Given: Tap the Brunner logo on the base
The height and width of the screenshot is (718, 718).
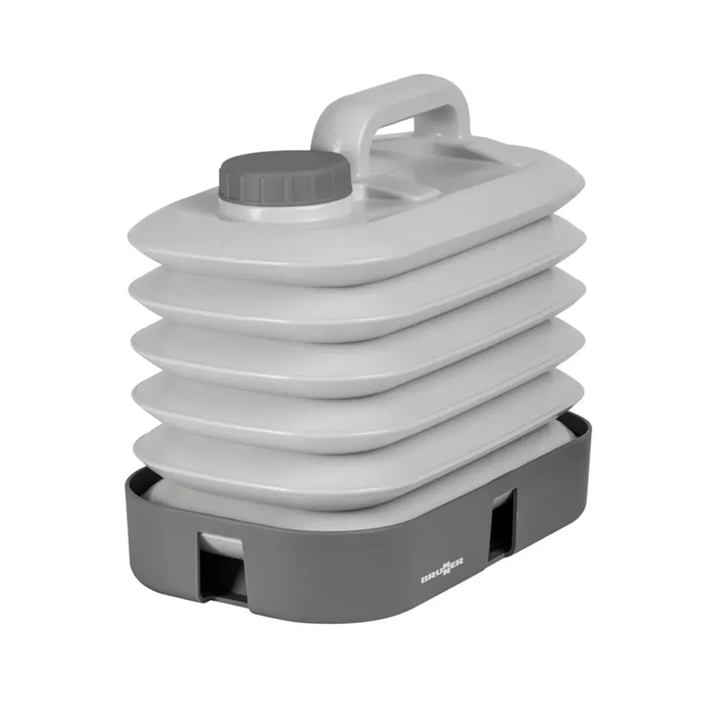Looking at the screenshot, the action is click(x=442, y=570).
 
